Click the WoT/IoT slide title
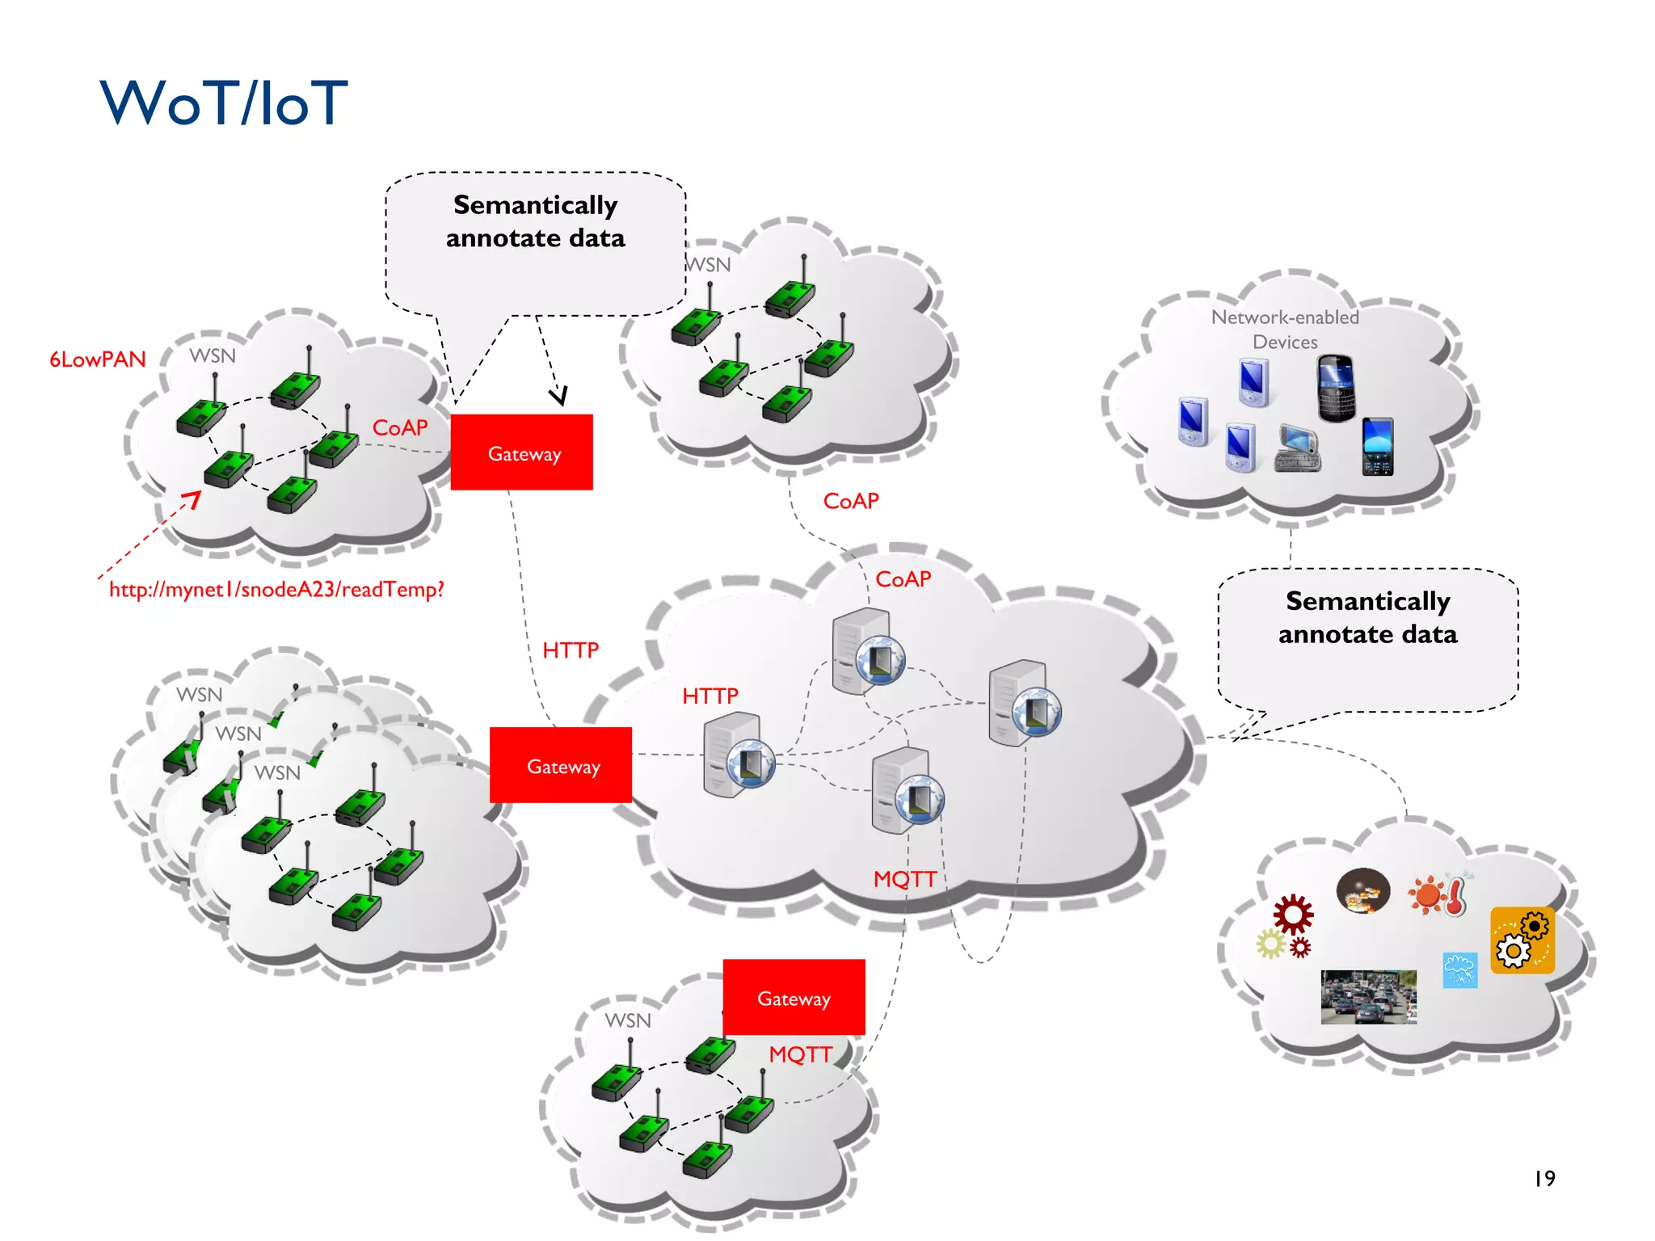tap(224, 103)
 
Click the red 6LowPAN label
tap(98, 360)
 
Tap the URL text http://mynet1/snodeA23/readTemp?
tap(276, 590)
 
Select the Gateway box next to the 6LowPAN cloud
tap(521, 452)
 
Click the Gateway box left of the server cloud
tap(561, 765)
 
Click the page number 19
tap(1544, 1179)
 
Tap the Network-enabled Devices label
tap(1285, 329)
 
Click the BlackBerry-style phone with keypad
tap(1336, 388)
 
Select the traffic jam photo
tap(1368, 997)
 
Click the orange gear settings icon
tap(1522, 940)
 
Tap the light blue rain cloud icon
tap(1459, 970)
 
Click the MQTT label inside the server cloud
tap(904, 879)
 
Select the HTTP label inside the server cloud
tap(710, 696)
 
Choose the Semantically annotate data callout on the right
tap(1367, 638)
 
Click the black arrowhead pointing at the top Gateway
tap(558, 396)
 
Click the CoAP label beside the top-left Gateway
tap(400, 427)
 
